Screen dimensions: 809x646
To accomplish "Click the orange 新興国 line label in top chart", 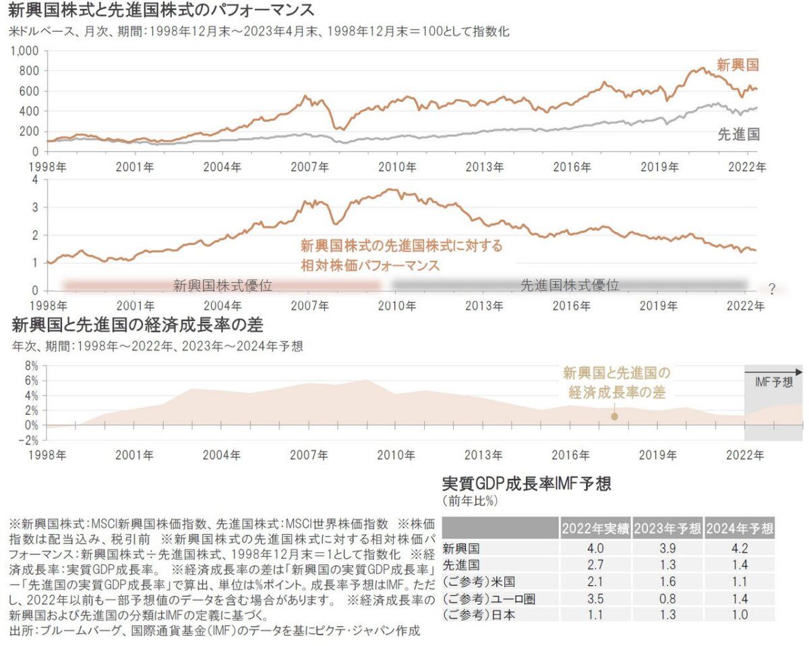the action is pos(738,65).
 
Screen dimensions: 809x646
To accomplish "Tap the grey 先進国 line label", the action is pos(739,134).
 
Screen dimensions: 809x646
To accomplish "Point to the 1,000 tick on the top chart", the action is pos(25,51).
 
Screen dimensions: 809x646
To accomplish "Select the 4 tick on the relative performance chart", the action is pos(35,180).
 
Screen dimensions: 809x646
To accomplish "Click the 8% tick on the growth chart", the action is pos(32,366).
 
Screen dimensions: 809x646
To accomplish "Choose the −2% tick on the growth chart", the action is pos(28,440).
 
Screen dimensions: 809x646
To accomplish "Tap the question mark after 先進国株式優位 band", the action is pos(772,289).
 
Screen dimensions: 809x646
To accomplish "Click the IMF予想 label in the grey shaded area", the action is pos(774,382).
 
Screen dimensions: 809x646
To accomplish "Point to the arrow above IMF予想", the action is pos(773,372).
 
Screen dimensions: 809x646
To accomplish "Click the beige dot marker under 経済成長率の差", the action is pos(615,416).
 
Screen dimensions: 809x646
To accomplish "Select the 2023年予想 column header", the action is pos(667,528).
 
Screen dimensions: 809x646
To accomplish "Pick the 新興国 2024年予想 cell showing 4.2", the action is pos(740,548).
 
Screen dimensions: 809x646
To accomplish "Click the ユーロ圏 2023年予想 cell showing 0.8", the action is pos(667,598).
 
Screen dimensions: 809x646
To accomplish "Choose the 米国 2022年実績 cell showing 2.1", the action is pos(595,582).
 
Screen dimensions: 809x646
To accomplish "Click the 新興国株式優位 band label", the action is pos(222,286).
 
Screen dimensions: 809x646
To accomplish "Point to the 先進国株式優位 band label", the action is pos(570,285).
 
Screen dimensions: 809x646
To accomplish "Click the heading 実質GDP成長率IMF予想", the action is pos(527,483).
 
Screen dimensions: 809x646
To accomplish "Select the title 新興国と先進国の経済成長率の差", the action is pos(138,325).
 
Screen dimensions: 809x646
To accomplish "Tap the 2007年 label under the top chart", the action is pos(309,167).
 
